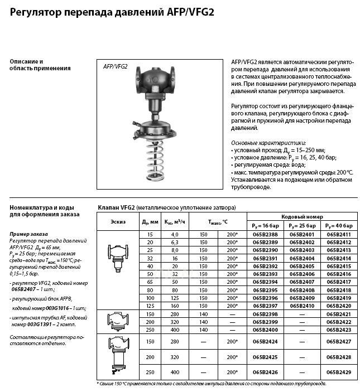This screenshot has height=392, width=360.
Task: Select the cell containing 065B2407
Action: pyautogui.click(x=301, y=282)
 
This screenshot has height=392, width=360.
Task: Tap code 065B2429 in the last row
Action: pyautogui.click(x=339, y=371)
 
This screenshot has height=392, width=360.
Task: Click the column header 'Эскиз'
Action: pyautogui.click(x=118, y=221)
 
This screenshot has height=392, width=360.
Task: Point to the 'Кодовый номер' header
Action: pyautogui.click(x=302, y=217)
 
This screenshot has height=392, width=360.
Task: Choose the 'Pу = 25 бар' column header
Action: pyautogui.click(x=301, y=226)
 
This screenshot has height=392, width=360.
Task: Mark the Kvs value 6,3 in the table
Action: pyautogui.click(x=174, y=243)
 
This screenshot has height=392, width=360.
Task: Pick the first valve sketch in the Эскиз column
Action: pyautogui.click(x=118, y=257)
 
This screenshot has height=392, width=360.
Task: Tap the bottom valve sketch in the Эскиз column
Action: pyautogui.click(x=118, y=356)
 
